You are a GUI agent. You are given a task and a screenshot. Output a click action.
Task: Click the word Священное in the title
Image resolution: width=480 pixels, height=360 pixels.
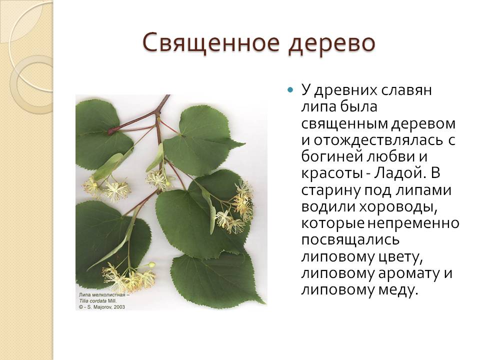[211, 43]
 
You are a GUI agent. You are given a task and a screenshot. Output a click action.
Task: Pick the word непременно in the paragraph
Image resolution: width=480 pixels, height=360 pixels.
[413, 223]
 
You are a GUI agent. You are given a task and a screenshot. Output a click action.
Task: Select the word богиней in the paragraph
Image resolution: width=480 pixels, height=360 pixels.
[331, 157]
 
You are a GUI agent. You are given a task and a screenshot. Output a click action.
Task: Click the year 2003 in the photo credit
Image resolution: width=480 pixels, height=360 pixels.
[119, 306]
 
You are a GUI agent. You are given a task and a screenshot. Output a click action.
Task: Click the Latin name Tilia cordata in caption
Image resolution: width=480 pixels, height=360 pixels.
[92, 301]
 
